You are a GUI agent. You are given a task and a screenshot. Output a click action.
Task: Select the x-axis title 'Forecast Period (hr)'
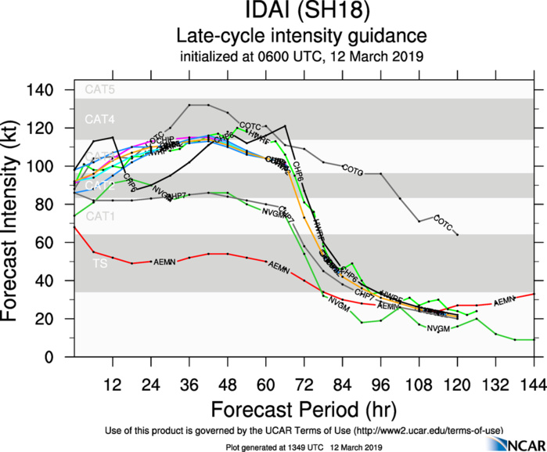pyautogui.click(x=301, y=410)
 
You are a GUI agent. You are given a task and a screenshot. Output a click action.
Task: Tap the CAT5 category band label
pyautogui.click(x=100, y=89)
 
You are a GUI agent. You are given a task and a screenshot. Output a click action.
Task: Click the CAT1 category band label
pyautogui.click(x=100, y=215)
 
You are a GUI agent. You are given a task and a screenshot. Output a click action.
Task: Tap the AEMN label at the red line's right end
pyautogui.click(x=504, y=301)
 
